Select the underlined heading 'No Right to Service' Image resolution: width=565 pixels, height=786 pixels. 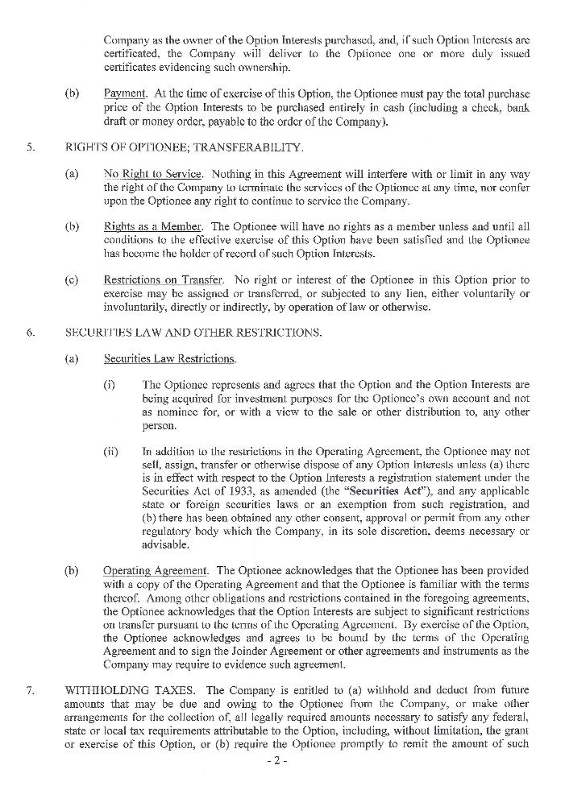(152, 174)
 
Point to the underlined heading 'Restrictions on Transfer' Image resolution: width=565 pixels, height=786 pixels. (163, 279)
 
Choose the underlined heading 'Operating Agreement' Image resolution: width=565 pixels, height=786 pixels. (154, 570)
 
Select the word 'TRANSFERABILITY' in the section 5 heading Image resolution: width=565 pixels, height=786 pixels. (253, 147)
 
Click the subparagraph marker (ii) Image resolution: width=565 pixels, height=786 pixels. (111, 453)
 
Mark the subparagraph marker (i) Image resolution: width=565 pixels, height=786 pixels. (110, 385)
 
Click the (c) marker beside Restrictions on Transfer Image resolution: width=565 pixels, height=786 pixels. (73, 279)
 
